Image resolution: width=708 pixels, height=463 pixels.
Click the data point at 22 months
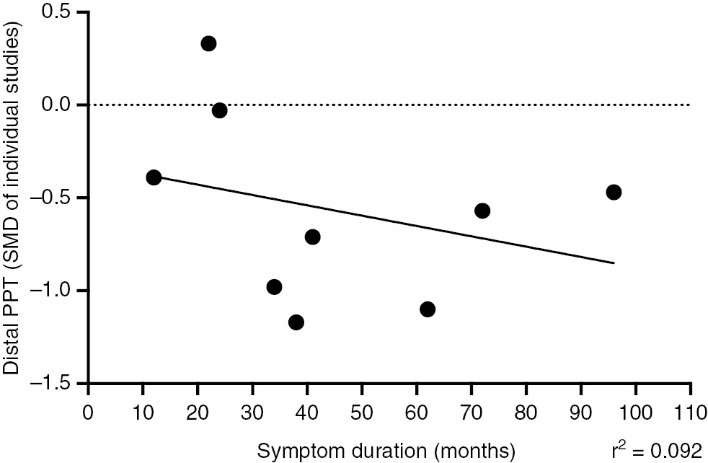click(208, 43)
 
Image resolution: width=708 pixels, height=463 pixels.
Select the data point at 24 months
click(220, 110)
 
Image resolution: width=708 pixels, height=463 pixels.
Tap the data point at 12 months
click(154, 177)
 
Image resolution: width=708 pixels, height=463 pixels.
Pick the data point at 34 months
click(274, 287)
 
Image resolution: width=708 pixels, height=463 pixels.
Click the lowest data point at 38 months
click(296, 322)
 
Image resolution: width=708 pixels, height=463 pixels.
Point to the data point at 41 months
click(312, 237)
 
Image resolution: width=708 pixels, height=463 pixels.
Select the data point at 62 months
click(428, 309)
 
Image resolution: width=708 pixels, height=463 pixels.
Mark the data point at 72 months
click(482, 211)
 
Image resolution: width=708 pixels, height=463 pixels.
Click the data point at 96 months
click(614, 192)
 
